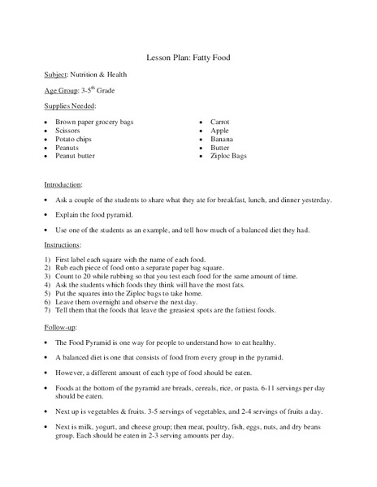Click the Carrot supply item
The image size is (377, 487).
pyautogui.click(x=221, y=122)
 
